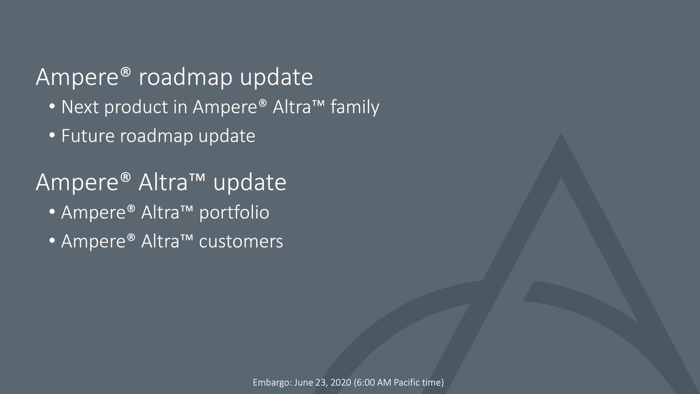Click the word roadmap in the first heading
tap(186, 77)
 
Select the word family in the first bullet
tap(355, 108)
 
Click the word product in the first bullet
tap(136, 108)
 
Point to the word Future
tap(88, 136)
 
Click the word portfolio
tap(234, 213)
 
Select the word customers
tap(241, 242)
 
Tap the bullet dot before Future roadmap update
tap(52, 135)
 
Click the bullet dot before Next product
tap(52, 106)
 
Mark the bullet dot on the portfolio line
tap(52, 212)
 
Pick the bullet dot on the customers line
tap(52, 241)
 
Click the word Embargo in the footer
tap(272, 383)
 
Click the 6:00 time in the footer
tap(365, 383)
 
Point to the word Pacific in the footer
tap(407, 383)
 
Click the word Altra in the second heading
tap(163, 182)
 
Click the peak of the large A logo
tap(562, 133)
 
